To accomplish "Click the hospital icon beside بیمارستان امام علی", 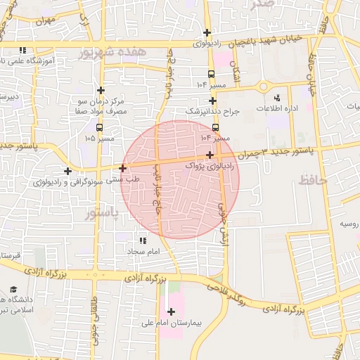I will click(x=171, y=311).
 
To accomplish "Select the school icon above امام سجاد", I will click(x=144, y=240).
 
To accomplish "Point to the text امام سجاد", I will click(x=144, y=251).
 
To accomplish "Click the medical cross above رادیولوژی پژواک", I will click(x=210, y=155).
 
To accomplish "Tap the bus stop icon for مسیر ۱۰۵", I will click(x=99, y=128).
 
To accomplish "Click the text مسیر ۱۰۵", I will click(x=99, y=139).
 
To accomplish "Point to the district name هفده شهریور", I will click(x=112, y=51).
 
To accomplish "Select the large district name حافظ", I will click(x=312, y=180).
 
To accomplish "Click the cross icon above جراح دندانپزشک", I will click(x=212, y=101).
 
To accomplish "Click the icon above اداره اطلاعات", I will click(x=276, y=98).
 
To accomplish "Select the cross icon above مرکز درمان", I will click(x=101, y=90).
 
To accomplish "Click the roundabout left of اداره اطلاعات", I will click(x=264, y=86).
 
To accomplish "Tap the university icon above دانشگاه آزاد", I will click(x=14, y=290).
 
